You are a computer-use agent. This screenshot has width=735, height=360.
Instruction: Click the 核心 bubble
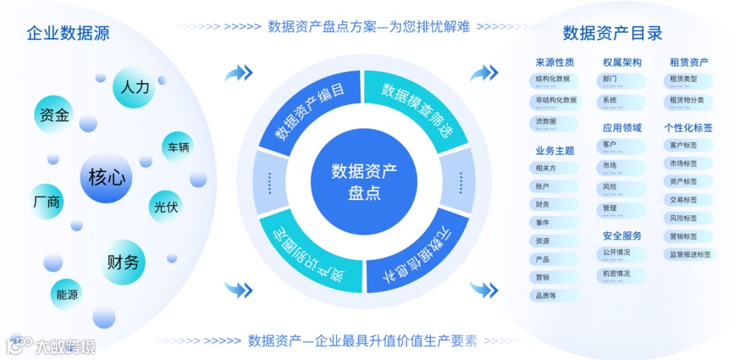107,178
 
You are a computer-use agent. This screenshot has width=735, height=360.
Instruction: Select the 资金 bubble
54,114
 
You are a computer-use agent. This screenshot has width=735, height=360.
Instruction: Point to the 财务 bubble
122,261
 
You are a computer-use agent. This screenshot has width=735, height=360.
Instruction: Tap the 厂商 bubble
46,201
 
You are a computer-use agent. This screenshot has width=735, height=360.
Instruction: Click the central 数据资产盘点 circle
364,180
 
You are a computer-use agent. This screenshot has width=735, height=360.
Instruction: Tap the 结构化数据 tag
553,80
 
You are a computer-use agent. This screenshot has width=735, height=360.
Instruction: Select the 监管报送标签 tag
689,255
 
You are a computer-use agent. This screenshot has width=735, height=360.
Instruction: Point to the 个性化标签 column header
688,128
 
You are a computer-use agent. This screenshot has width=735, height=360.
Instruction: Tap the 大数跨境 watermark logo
51,346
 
